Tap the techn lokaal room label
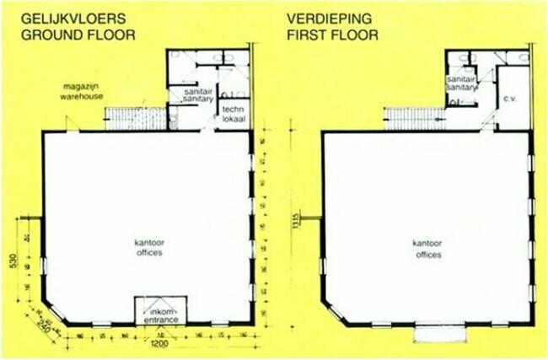[234, 113]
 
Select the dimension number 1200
[158, 346]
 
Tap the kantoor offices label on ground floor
[148, 246]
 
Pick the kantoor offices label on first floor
[427, 246]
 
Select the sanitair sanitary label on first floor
[461, 82]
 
